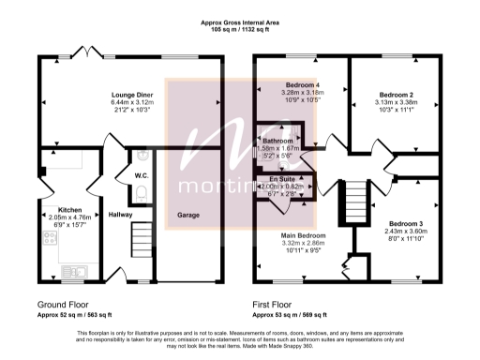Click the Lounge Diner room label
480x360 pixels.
(131, 95)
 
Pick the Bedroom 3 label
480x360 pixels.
(405, 222)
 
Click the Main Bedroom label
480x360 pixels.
(303, 234)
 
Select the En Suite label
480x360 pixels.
(281, 178)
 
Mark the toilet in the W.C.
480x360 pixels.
(140, 192)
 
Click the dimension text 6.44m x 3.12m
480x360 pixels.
(131, 102)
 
